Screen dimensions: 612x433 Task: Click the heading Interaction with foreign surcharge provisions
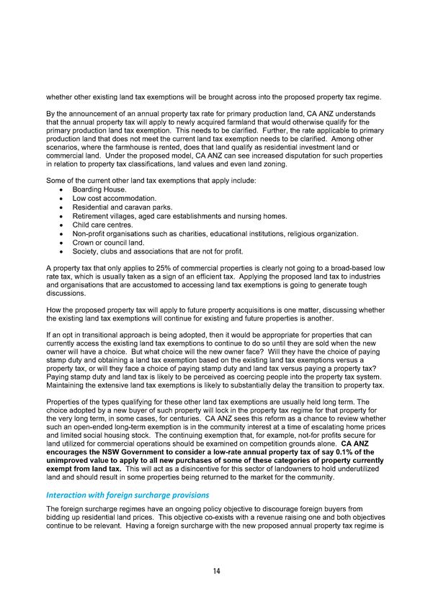[128, 495]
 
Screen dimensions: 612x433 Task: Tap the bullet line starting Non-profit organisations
[215, 233]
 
